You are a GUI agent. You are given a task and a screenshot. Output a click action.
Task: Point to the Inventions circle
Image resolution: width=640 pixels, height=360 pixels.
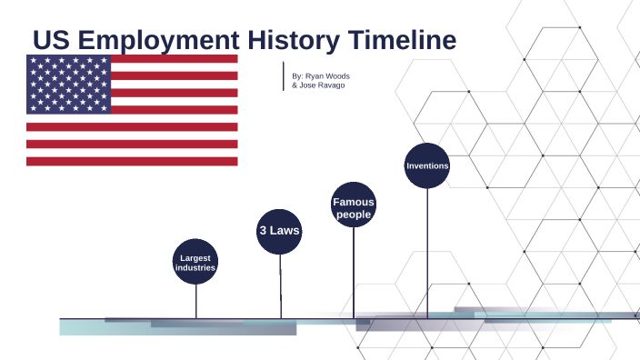[427, 165]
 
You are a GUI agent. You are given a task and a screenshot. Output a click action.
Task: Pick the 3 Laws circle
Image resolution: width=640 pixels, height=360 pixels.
[279, 231]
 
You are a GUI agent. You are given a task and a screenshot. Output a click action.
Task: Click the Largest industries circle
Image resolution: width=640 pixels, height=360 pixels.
[195, 263]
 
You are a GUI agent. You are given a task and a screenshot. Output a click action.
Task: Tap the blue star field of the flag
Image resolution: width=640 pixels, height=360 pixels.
[68, 84]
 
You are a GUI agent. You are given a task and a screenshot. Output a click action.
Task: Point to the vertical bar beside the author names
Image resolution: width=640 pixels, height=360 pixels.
[284, 76]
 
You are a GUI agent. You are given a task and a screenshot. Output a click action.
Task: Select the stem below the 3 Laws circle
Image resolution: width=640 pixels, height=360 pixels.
[280, 285]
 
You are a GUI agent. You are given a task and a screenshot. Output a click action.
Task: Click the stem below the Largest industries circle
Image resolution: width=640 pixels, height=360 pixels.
[195, 301]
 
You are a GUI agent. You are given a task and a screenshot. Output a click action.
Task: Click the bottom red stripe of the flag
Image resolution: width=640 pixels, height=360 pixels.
[132, 161]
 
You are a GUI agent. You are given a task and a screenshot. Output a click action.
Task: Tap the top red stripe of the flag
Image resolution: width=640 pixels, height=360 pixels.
[173, 59]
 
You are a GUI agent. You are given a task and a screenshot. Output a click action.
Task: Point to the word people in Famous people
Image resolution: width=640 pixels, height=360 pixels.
[354, 215]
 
